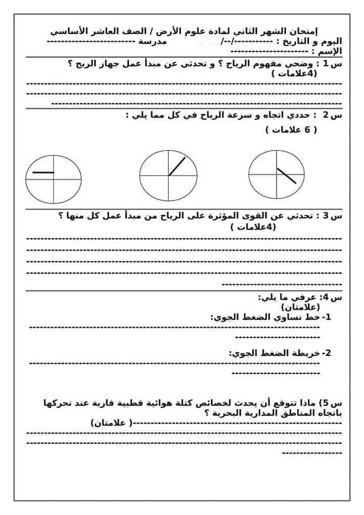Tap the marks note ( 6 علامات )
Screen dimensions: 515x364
point(291,130)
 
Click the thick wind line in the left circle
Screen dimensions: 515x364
point(43,172)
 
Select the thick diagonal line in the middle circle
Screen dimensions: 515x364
point(177,166)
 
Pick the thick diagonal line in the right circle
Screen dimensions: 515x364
point(286,175)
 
